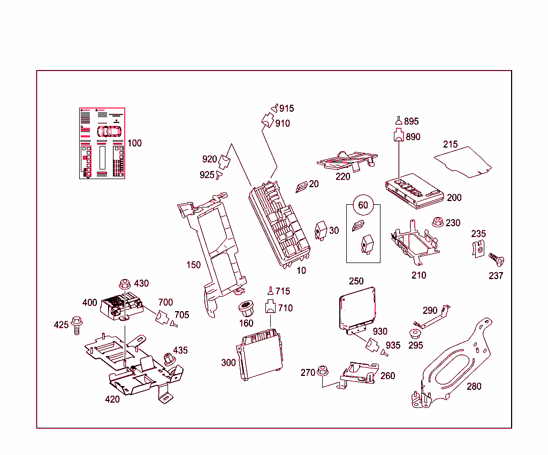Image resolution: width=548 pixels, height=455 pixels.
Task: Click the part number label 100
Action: pyautogui.click(x=135, y=143)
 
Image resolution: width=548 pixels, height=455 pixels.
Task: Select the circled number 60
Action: pyautogui.click(x=363, y=205)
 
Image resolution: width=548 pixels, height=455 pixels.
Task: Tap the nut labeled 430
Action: pyautogui.click(x=124, y=284)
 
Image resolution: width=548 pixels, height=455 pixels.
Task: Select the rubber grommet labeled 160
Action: pyautogui.click(x=246, y=309)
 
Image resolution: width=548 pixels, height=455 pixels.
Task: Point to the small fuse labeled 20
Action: pyautogui.click(x=302, y=186)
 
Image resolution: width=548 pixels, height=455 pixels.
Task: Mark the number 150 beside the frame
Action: pyautogui.click(x=194, y=265)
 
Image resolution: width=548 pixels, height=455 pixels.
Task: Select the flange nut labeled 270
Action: pyautogui.click(x=323, y=371)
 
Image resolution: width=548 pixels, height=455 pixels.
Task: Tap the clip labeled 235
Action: pyautogui.click(x=480, y=249)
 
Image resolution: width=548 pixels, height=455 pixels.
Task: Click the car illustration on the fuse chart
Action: pyautogui.click(x=109, y=130)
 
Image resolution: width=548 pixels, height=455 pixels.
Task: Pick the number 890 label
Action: pyautogui.click(x=413, y=137)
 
